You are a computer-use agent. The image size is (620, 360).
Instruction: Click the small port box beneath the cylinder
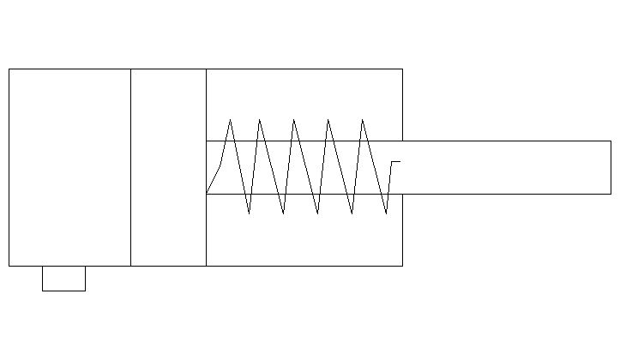63,279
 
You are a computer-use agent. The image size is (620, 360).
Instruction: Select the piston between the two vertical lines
168,167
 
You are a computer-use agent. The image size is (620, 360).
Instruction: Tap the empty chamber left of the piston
69,167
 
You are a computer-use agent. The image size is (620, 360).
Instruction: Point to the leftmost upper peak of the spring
230,120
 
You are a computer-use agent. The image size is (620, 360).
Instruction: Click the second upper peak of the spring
259,120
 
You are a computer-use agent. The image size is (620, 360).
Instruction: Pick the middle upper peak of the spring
293,120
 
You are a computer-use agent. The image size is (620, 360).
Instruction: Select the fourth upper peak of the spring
328,120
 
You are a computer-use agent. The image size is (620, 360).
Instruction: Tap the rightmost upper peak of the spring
362,120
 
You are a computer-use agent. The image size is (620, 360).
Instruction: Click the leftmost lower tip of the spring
249,213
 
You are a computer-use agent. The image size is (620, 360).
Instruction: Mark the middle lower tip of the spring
317,213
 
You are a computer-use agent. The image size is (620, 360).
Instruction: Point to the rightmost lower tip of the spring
386,213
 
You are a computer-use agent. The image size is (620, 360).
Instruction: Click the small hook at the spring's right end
394,161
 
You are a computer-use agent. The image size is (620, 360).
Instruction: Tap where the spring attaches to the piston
207,194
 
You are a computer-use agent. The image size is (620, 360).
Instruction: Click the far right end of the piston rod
610,167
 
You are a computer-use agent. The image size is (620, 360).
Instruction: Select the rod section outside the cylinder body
506,167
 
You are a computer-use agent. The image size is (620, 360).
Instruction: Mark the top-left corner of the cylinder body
9,69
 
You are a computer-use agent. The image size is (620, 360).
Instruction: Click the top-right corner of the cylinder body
402,69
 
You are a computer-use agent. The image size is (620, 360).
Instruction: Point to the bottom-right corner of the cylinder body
402,266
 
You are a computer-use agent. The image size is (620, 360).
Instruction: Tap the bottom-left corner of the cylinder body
9,266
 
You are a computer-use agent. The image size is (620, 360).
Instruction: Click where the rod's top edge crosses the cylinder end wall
402,141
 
